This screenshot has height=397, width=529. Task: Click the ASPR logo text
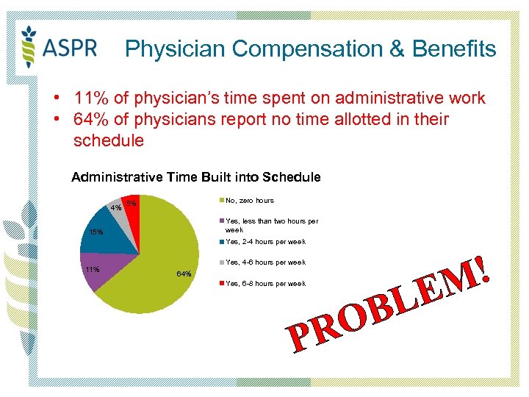(x=71, y=49)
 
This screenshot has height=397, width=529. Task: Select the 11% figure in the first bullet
(x=89, y=98)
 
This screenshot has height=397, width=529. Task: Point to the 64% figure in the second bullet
(x=89, y=119)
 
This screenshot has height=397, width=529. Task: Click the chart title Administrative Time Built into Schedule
(x=195, y=177)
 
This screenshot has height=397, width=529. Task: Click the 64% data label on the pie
(x=184, y=274)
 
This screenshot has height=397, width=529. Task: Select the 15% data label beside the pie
(x=96, y=233)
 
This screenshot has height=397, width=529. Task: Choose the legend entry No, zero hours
(x=250, y=201)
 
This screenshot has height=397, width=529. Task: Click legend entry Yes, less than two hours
(x=272, y=225)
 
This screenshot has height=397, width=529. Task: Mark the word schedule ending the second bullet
(x=109, y=140)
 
